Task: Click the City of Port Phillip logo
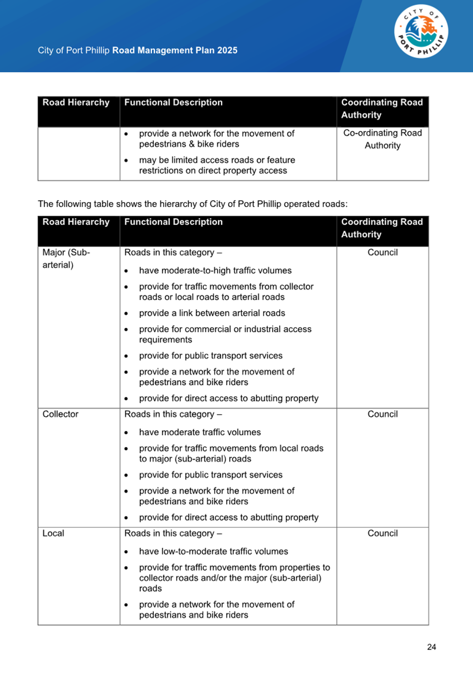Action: [x=421, y=32]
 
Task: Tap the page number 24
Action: [x=431, y=647]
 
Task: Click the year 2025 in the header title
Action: [x=227, y=50]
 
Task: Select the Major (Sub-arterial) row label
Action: [x=66, y=259]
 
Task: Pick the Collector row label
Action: [x=60, y=414]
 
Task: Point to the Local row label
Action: [x=53, y=533]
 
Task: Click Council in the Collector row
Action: [x=382, y=414]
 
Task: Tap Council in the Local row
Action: [x=382, y=533]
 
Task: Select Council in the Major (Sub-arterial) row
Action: [x=382, y=253]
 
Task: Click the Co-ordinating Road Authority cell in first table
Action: [x=382, y=139]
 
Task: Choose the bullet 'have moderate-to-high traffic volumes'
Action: [x=215, y=270]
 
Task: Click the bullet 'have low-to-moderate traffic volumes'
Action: [x=213, y=551]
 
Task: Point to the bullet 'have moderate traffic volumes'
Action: [x=200, y=432]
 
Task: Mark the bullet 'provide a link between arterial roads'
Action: [x=212, y=313]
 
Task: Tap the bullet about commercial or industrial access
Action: [x=225, y=334]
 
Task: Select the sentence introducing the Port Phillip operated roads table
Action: [x=192, y=204]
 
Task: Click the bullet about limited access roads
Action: [x=217, y=165]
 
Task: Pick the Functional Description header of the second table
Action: [x=173, y=222]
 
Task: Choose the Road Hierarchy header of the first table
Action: [x=76, y=103]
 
